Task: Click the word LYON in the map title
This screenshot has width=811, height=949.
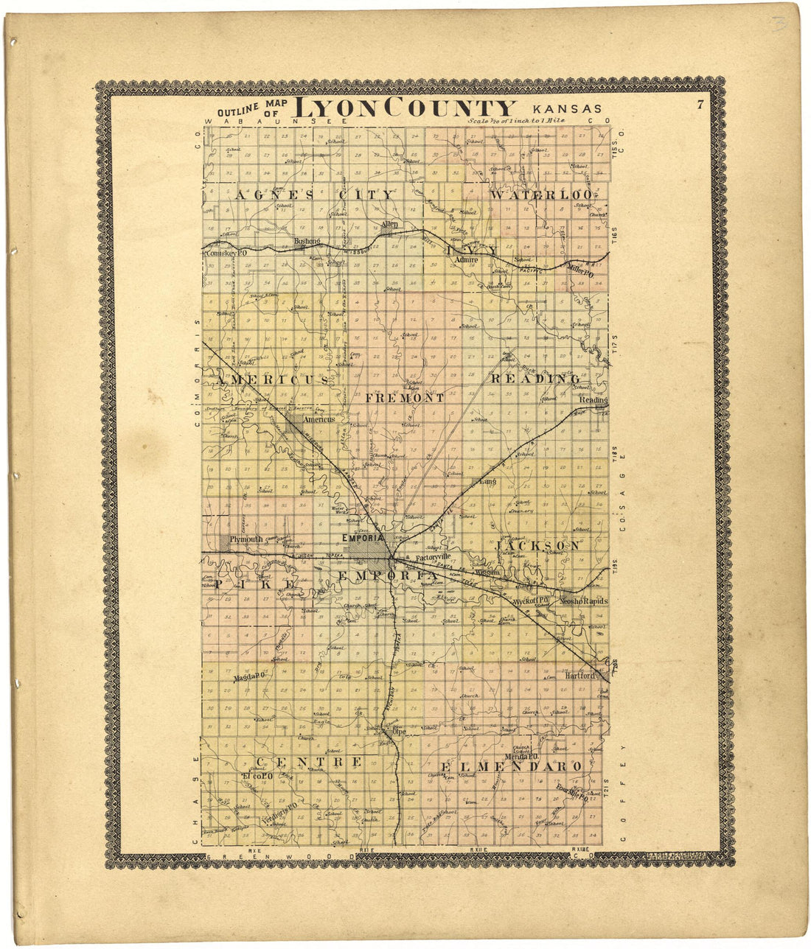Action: point(340,108)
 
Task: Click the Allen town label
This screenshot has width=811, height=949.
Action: point(389,223)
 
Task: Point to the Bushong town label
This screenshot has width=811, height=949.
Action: point(306,241)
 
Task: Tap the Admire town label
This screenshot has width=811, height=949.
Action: point(467,260)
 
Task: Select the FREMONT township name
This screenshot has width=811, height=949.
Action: point(405,398)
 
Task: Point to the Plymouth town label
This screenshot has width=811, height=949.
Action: point(246,539)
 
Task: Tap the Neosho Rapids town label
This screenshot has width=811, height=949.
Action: point(583,601)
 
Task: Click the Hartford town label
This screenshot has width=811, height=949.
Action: point(579,675)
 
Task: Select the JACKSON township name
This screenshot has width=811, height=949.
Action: point(537,546)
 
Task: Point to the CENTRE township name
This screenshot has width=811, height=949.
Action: point(308,761)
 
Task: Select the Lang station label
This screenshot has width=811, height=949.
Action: point(487,481)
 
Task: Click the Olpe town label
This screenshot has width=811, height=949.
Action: point(399,732)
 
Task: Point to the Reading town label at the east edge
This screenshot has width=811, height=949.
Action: point(593,400)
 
